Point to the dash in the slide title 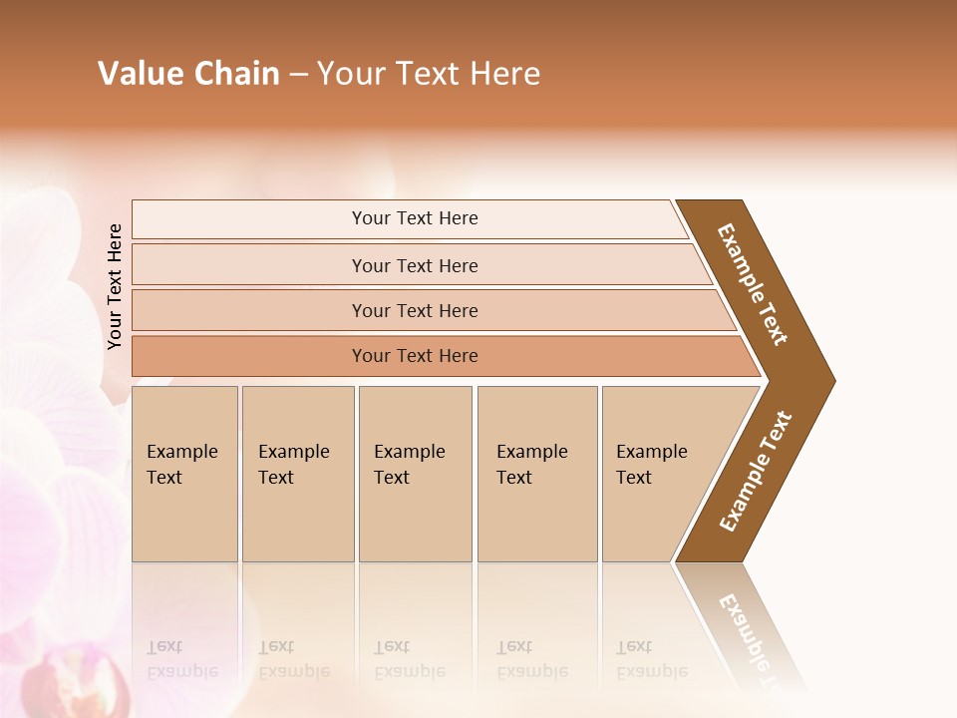[298, 75]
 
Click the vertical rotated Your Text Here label [115, 286]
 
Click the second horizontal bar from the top [415, 265]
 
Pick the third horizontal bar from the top [415, 310]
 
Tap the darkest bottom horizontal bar [415, 356]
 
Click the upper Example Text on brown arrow [753, 284]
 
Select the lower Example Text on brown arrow [756, 471]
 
